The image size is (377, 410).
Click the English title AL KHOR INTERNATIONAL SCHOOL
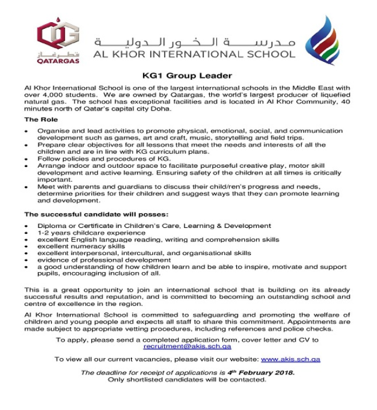point(194,54)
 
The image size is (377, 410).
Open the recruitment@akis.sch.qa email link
point(187,346)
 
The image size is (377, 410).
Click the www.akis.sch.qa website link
point(290,359)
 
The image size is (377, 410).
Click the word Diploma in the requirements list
point(51,225)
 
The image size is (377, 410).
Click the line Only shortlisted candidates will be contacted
point(187,380)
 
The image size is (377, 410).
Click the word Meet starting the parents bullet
point(46,186)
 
